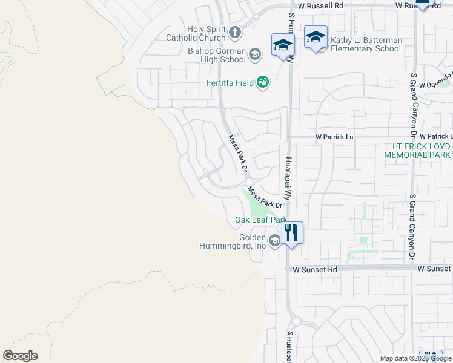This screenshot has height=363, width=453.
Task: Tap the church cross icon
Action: (x=234, y=33)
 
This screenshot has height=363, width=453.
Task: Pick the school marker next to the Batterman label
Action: (x=315, y=38)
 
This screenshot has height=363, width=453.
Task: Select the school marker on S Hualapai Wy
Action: (x=283, y=44)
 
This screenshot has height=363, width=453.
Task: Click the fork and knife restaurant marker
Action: (x=291, y=231)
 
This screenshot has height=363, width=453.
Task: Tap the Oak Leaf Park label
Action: (x=260, y=220)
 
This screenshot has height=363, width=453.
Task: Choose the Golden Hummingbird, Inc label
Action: (x=233, y=242)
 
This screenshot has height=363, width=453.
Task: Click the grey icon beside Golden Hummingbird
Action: (x=274, y=241)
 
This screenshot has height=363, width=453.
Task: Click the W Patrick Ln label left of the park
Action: (x=334, y=137)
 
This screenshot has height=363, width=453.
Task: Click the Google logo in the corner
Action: (x=20, y=356)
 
